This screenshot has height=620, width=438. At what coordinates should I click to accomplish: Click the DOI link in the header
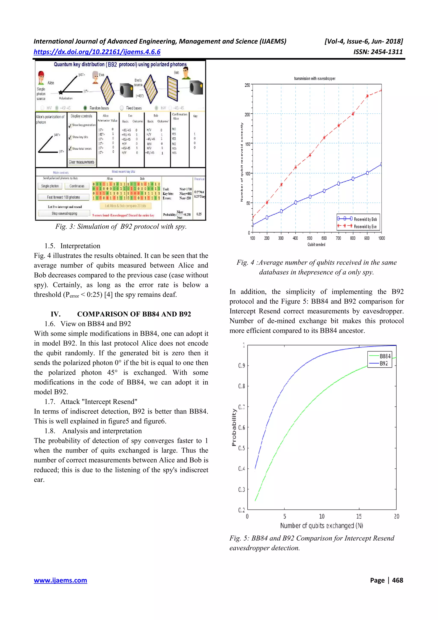(97, 52)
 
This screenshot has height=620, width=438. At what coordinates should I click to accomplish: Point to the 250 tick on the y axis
(247, 85)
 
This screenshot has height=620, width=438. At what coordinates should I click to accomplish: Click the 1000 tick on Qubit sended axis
(381, 238)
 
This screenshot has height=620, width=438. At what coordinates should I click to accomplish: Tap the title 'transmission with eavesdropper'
(315, 79)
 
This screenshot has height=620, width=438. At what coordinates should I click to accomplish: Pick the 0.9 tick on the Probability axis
(241, 366)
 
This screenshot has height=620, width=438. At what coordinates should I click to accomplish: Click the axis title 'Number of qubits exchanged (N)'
(321, 525)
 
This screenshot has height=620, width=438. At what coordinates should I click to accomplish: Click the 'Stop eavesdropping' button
(64, 213)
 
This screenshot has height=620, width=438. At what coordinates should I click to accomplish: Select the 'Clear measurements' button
(81, 162)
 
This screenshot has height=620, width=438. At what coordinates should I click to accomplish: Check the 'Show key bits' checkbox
(70, 137)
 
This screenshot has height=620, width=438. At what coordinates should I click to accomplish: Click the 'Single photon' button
(50, 186)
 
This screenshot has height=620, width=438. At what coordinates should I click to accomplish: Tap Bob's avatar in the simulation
(186, 73)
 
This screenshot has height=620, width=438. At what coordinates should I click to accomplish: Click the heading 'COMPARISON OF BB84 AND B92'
(134, 314)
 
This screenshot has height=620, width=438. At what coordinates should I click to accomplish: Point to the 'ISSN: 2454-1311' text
(378, 52)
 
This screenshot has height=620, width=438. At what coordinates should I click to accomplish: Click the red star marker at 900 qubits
(367, 96)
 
